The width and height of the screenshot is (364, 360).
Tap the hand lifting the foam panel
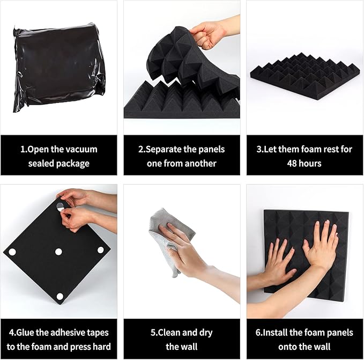212,32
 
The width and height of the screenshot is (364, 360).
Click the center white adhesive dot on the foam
58,251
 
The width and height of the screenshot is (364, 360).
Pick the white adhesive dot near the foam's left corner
12,252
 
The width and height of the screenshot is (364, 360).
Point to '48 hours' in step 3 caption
304,163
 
